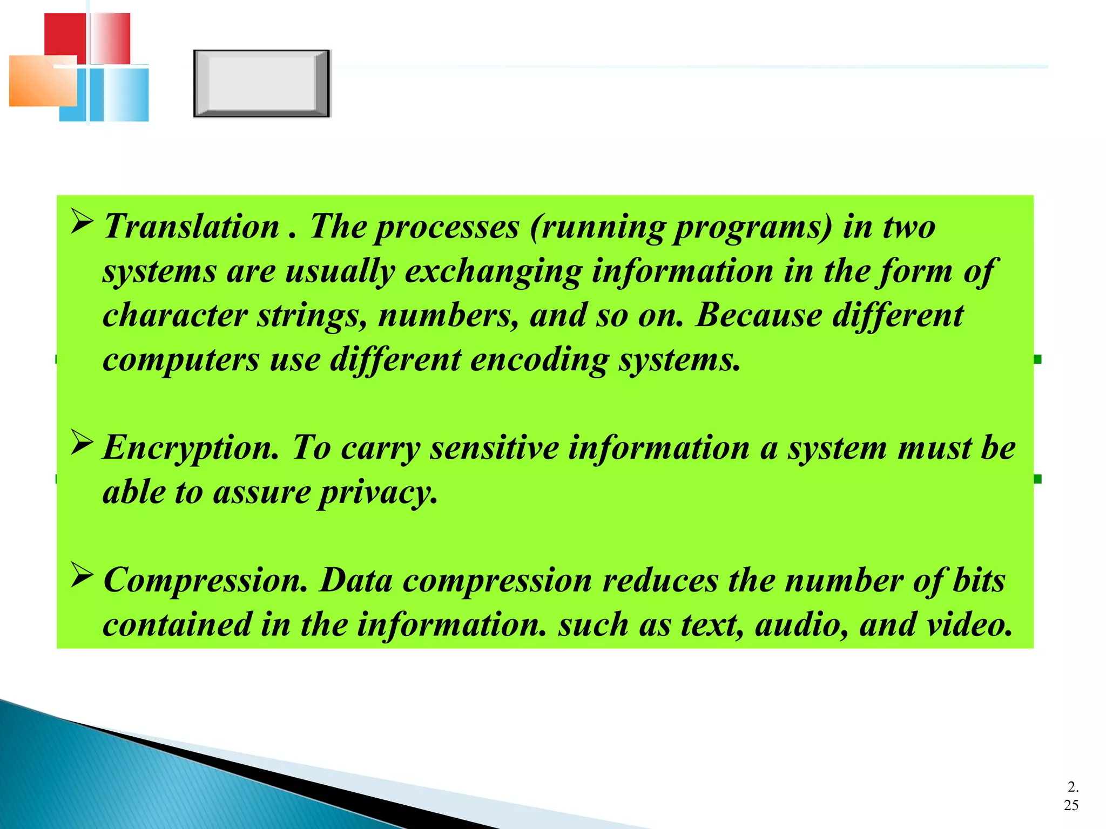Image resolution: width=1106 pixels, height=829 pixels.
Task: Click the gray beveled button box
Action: [x=261, y=83]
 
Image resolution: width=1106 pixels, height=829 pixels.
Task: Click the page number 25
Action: [x=1071, y=806]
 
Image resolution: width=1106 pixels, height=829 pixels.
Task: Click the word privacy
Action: [x=377, y=493]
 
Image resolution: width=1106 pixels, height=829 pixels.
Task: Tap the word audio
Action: [x=801, y=625]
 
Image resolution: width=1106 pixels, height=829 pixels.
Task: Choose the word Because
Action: [x=759, y=315]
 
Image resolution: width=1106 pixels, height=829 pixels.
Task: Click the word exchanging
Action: [x=493, y=271]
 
